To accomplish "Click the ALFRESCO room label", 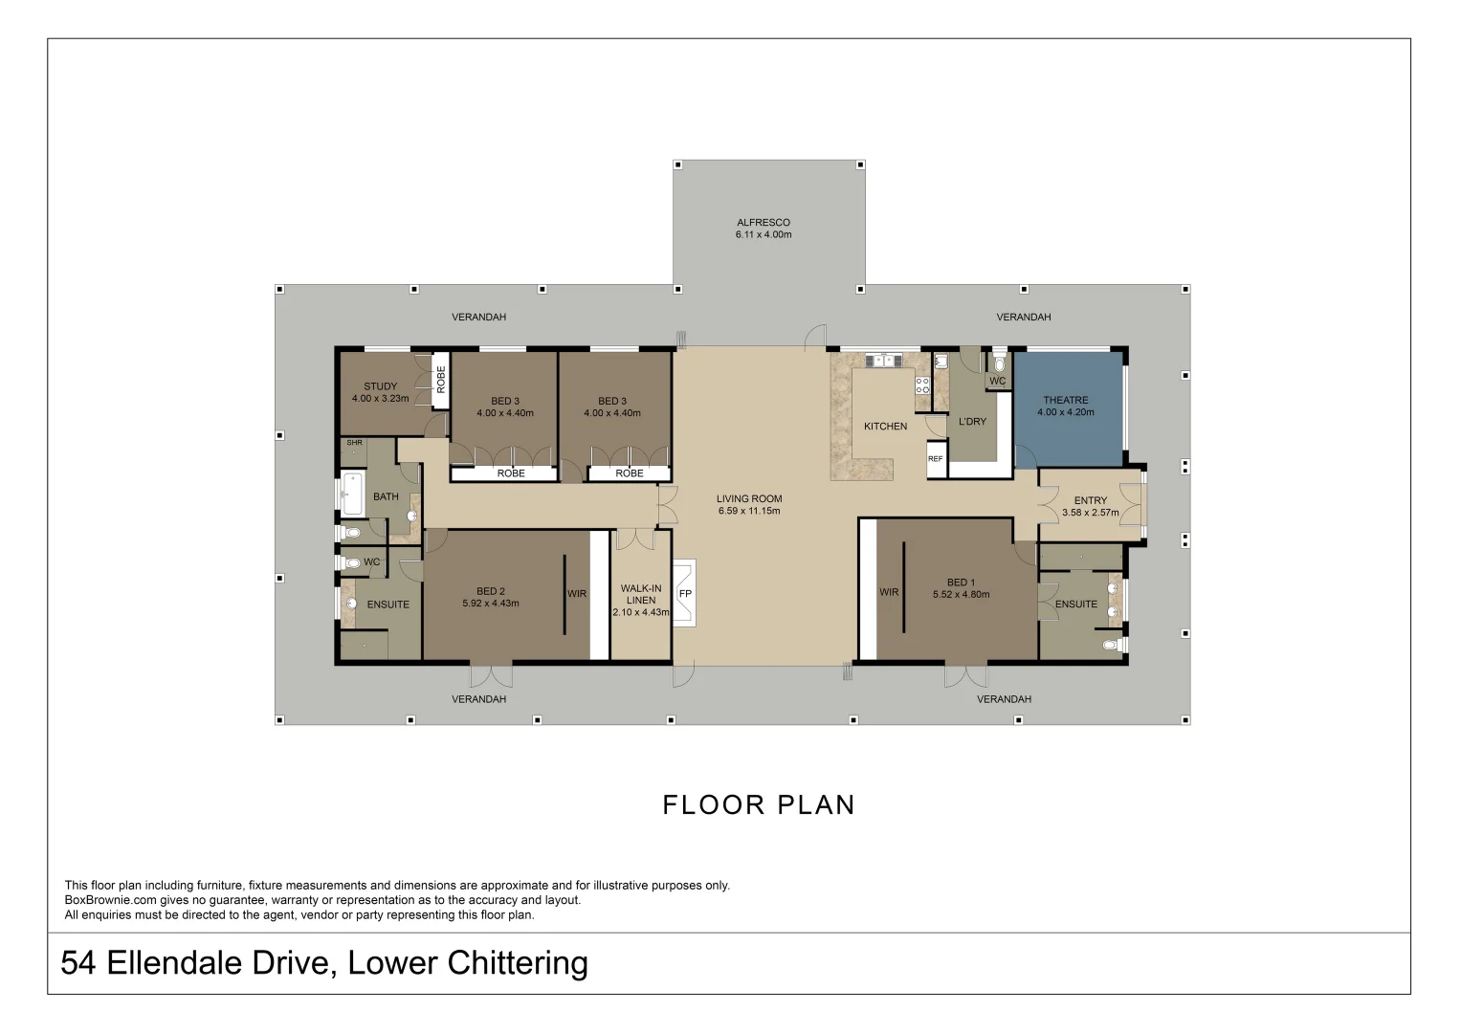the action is tap(764, 222).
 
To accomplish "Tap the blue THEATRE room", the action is tap(1069, 409).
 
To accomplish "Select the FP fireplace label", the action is tap(685, 593).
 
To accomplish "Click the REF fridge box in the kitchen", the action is tap(936, 459).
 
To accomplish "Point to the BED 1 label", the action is tap(961, 582).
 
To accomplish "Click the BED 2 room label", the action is tap(491, 591).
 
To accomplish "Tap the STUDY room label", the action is tap(380, 386).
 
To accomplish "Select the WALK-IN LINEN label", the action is tap(641, 594).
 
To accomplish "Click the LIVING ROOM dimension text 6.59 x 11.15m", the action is tap(749, 511).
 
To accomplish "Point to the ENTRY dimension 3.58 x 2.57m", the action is tap(1091, 513).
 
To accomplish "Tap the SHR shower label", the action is tap(354, 442).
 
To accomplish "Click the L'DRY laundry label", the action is tap(972, 421).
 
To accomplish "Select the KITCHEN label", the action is tap(886, 426).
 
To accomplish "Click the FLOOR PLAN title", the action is tap(759, 804).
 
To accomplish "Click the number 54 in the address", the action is tap(78, 962).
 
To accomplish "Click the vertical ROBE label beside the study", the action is tap(441, 380).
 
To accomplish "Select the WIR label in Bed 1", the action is tap(889, 592).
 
